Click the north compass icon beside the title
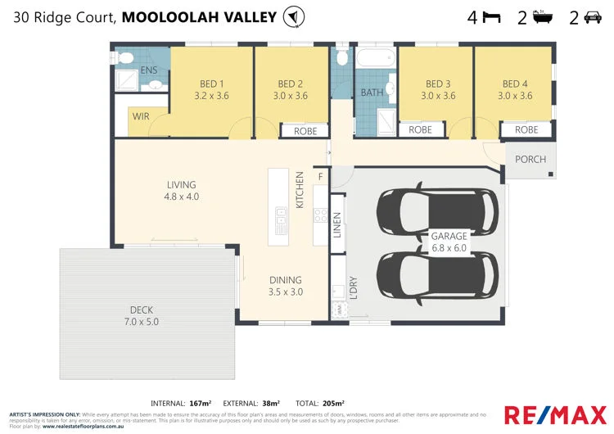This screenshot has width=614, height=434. pos(292,16)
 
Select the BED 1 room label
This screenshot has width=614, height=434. pos(211,84)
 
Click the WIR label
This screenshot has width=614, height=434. pos(141,117)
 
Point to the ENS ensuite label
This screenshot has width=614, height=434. pos(149,71)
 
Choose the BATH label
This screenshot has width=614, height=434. pos(372,93)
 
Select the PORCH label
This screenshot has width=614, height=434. pos(530,159)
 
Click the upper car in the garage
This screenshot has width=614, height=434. pos(436,211)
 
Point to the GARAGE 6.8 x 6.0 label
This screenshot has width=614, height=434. pos(449,242)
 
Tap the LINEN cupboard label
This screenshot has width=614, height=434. pos(337,225)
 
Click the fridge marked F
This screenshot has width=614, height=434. pos(320,176)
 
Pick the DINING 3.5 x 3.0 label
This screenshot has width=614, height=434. pos(285,286)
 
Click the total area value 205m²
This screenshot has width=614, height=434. pos(332,403)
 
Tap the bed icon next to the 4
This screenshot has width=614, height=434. pos(491,16)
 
